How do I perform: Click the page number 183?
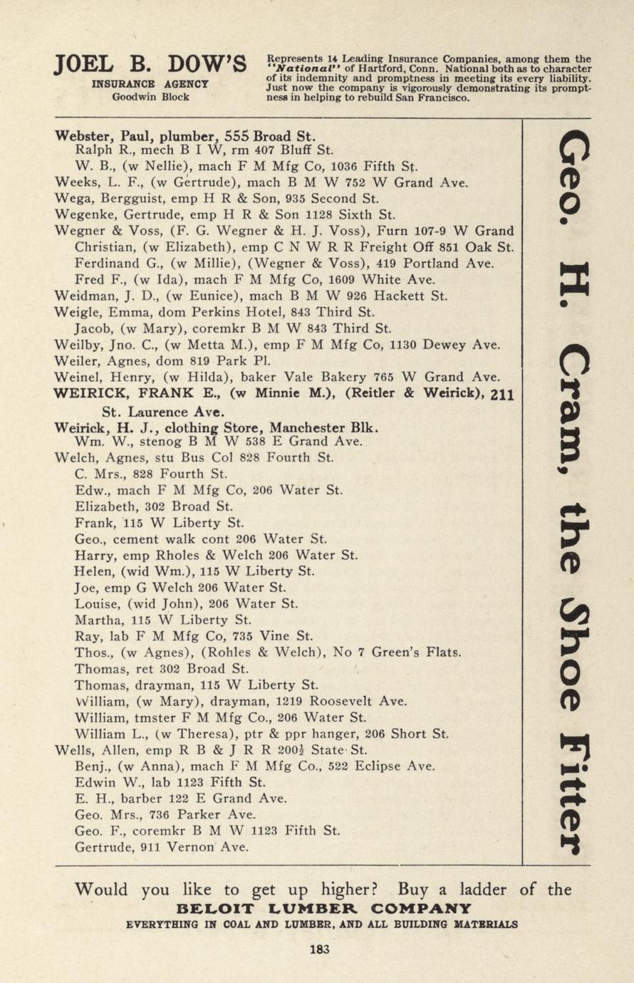(x=320, y=948)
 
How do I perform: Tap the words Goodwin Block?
(x=150, y=97)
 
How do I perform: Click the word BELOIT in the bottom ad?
(x=213, y=909)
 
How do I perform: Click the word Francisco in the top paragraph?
(x=437, y=98)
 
